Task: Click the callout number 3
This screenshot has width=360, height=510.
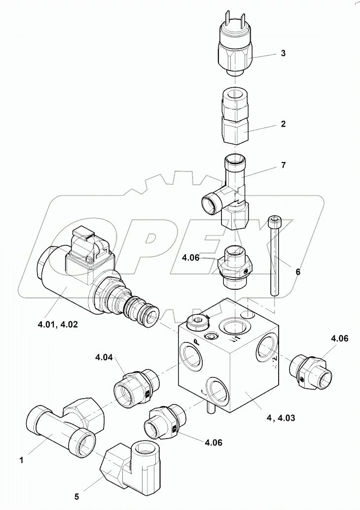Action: coord(283,53)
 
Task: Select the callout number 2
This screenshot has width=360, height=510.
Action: coord(283,124)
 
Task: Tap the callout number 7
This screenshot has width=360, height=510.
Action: coord(283,165)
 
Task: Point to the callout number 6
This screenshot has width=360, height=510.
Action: coord(297,271)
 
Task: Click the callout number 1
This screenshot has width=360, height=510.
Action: coord(21,460)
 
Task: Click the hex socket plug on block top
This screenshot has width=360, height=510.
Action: coord(198,323)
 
